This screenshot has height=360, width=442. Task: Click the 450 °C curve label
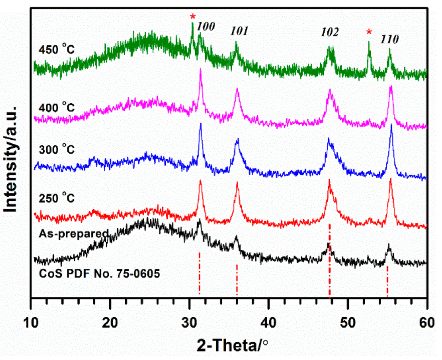pyautogui.click(x=56, y=49)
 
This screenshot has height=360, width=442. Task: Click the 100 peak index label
pyautogui.click(x=206, y=26)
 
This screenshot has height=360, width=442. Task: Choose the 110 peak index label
pyautogui.click(x=389, y=39)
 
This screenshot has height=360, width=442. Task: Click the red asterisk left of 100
pyautogui.click(x=193, y=17)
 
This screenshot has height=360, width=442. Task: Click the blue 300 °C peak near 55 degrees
pyautogui.click(x=391, y=126)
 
